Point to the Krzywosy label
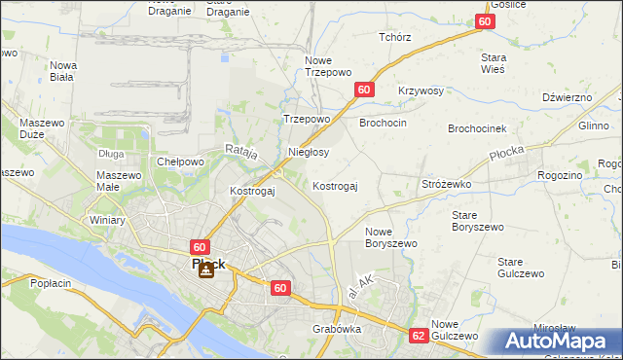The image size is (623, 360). point(421,90)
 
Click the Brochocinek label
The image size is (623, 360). point(477,128)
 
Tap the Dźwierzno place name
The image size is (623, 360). point(568,97)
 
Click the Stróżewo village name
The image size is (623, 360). point(446,183)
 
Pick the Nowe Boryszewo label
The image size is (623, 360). point(390,237)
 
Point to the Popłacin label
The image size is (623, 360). point(51,283)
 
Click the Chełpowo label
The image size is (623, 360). point(180,162)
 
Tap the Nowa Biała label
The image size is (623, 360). point(63,71)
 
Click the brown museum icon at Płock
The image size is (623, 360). point(205,270)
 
